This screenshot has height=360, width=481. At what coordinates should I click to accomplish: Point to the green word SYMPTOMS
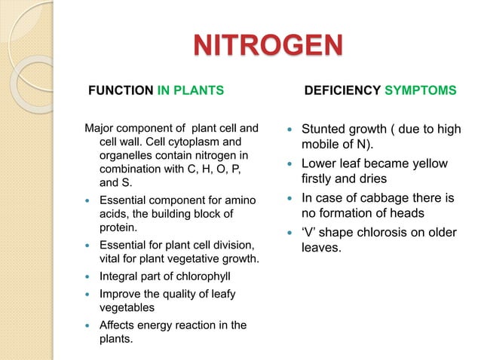coord(421,91)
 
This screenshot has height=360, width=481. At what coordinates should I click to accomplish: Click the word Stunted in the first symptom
coord(324,130)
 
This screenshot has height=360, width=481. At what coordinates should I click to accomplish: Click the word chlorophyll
coord(198,277)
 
